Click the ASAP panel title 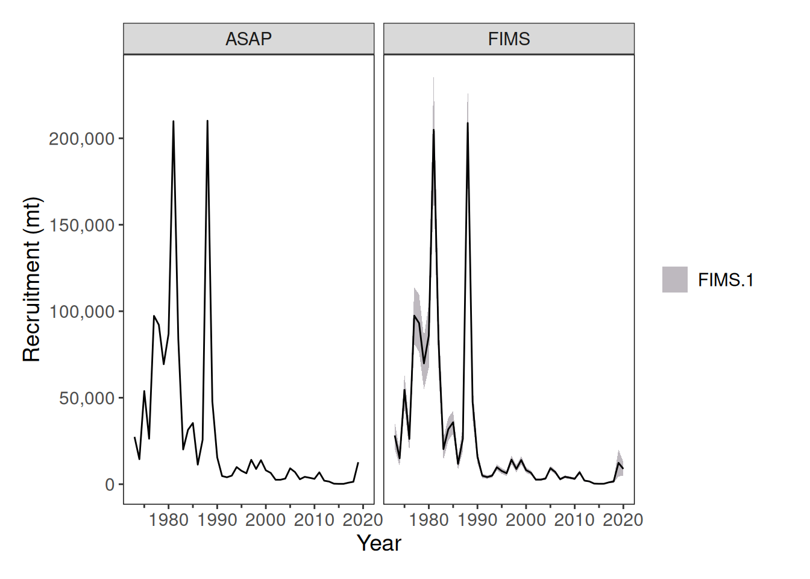(248, 39)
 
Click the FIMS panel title (509, 39)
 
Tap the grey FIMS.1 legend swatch (674, 280)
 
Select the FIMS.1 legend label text (726, 280)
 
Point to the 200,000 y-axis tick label (81, 139)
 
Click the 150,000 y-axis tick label (81, 225)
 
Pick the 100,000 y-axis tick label (81, 312)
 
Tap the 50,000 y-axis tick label (86, 398)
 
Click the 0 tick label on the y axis (109, 484)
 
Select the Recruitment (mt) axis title (31, 279)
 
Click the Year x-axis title (378, 543)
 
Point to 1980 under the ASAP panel (169, 520)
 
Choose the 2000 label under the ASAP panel (266, 520)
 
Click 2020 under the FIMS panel (623, 520)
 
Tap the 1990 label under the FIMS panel (477, 520)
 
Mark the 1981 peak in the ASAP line (174, 121)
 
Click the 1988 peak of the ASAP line (207, 121)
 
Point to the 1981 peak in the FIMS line (433, 130)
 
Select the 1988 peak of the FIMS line (468, 123)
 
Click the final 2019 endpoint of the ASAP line (358, 463)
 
